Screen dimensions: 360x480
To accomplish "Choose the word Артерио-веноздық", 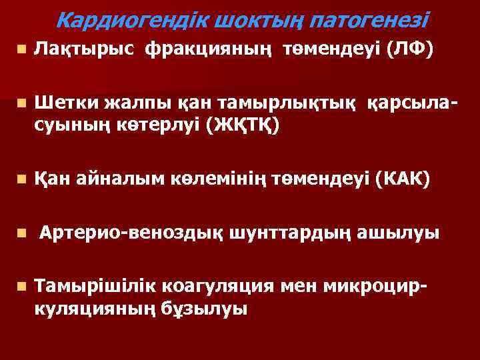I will pos(131,233).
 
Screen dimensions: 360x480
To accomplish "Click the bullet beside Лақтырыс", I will pos(22,49).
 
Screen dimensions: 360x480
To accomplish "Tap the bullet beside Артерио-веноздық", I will pos(22,234).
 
